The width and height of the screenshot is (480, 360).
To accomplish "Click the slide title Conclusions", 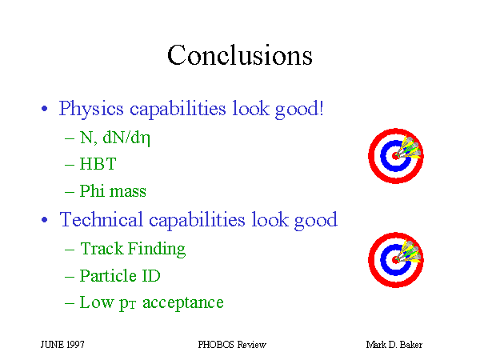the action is coord(240,54).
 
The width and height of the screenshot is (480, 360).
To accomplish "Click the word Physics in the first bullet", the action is coord(91,109).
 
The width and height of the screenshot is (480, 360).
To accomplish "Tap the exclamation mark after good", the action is coord(321,108).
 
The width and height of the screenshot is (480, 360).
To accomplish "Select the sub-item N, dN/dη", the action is coord(114,138).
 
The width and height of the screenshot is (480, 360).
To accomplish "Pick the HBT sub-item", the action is coord(98,164).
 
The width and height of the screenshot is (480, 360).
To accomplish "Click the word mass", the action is coord(128,192).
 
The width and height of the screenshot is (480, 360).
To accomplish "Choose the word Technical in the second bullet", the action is coord(102,219).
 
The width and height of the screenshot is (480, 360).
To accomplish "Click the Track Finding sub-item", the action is coord(133,249).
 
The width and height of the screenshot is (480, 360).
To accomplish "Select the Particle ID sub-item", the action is coord(120,275).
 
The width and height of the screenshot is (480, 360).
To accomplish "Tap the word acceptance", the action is coord(183,303).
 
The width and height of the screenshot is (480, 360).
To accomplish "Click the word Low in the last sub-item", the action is coord(97,302).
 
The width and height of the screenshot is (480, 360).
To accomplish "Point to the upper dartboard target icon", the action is coord(396,156).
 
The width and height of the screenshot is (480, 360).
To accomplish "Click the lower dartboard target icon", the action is coord(396,260).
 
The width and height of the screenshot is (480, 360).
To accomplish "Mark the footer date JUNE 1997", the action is coord(62,345).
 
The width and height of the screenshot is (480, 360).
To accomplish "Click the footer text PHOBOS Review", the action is coord(232,345).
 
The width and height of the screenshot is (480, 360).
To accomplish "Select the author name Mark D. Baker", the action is coord(394,345).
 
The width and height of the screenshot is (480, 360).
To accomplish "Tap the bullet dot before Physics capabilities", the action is coord(44,108).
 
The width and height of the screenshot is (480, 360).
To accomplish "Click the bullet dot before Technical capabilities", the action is coord(44,219).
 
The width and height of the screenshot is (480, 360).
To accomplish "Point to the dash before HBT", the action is coord(70,166).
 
